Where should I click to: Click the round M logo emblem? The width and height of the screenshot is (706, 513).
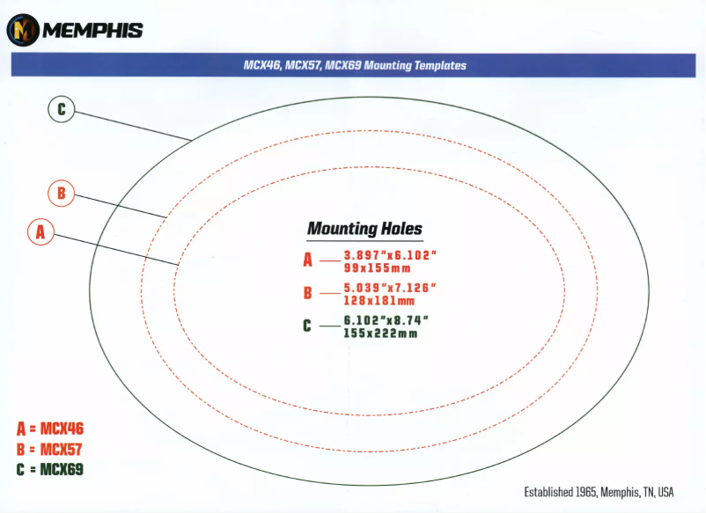pos(23,30)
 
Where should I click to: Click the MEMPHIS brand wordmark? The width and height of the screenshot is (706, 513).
pos(92,31)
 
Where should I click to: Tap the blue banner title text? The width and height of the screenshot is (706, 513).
pos(355,65)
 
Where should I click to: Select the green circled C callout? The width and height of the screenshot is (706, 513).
pos(62,109)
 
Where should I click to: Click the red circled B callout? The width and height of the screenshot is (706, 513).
pos(62,193)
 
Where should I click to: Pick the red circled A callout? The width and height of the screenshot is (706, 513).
pos(41,231)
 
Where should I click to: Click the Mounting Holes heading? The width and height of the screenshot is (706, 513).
pos(364,229)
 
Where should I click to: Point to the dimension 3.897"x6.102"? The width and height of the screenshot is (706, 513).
pos(390,255)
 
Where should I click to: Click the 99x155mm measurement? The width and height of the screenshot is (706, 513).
pos(378,268)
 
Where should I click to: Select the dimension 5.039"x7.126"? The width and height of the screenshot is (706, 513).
pos(390,288)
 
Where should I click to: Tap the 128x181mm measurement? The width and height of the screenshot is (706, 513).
pos(379,301)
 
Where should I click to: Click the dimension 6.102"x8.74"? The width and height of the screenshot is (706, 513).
pos(386,320)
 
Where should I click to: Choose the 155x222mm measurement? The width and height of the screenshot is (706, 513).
pos(380,333)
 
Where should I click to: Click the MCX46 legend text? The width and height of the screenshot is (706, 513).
pos(62,429)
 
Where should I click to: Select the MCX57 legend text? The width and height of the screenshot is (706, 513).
pos(62,449)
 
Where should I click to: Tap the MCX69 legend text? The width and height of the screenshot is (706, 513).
pos(62,469)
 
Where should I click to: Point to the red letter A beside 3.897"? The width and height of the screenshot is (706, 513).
pos(307,260)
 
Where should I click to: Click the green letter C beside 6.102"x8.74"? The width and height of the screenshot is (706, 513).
pos(307,326)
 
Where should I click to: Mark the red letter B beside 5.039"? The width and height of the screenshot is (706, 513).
pos(307,293)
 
